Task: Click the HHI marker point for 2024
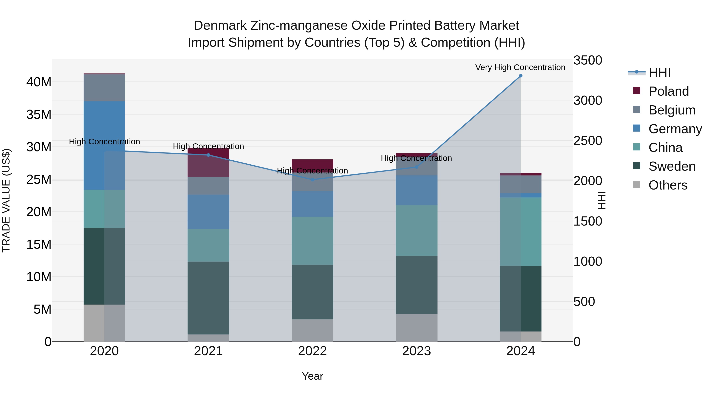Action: [520, 76]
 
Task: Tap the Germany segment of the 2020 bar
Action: [104, 145]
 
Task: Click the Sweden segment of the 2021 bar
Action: [208, 298]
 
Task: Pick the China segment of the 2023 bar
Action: [417, 230]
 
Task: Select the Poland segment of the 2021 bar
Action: [208, 162]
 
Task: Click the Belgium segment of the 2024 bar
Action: [520, 184]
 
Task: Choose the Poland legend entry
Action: [668, 91]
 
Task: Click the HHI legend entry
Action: [659, 72]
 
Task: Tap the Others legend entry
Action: [668, 185]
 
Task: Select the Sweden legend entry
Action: [671, 166]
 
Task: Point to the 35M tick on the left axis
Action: [39, 114]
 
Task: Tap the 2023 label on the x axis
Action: [417, 351]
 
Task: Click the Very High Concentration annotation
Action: [520, 67]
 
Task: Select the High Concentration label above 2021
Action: [208, 146]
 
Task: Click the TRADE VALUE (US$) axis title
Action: [6, 200]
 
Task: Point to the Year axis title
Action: [312, 376]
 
